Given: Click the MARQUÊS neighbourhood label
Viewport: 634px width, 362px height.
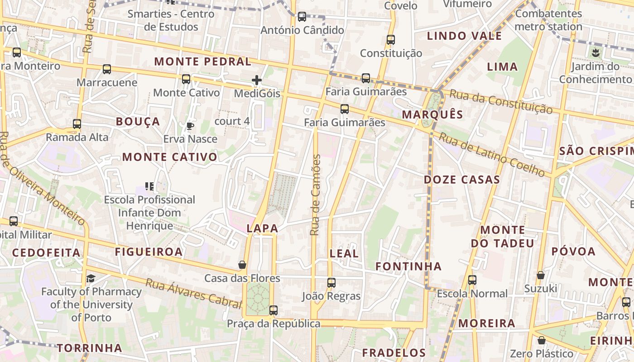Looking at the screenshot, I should [432, 114].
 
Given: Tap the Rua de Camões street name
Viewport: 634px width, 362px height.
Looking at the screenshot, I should [316, 195].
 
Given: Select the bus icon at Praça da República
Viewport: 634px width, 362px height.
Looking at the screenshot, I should [274, 310].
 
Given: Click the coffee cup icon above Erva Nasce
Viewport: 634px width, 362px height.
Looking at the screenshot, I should [190, 125].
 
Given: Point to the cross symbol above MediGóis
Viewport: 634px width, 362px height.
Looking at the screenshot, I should [257, 81].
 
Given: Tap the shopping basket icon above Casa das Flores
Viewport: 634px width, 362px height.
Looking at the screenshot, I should [242, 265].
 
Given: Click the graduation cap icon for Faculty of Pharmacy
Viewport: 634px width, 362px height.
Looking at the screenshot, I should [91, 278].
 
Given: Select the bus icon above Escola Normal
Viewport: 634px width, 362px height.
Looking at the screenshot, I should [472, 280].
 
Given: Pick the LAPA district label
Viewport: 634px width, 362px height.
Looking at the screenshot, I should [262, 229].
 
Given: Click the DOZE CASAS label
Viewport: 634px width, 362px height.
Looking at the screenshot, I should [462, 180].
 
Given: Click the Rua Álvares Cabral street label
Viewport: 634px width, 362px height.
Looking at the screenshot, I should [193, 294].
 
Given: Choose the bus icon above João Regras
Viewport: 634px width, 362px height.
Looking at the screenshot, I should [331, 283].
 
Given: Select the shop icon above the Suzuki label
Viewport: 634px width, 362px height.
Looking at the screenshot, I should [541, 275].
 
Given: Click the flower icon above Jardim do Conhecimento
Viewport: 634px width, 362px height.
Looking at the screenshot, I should [595, 53].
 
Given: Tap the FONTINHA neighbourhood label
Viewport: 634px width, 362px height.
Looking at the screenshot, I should [408, 266].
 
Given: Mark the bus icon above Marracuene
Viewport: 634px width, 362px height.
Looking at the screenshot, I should [107, 69].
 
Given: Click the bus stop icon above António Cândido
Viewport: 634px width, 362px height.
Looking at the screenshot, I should [302, 17].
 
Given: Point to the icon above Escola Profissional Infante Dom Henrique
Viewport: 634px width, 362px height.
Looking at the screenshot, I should [149, 186].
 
